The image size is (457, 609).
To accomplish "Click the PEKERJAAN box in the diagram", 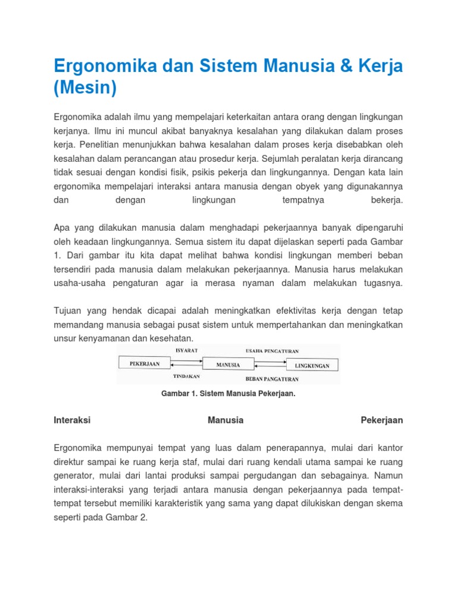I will pos(144,363).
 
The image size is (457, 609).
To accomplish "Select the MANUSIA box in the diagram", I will pos(228,365).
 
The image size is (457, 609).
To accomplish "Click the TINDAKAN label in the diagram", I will pos(186,376).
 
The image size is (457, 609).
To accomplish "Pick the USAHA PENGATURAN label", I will pos(272,351).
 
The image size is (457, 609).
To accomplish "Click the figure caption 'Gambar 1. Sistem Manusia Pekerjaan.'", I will pos(228,394).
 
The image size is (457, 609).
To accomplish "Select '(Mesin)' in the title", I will pos(85,88).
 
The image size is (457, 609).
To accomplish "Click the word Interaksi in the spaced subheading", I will pos(72,420).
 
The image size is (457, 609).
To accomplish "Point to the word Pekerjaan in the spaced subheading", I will pos(382,420).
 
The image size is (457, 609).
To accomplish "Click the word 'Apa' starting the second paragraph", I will pos(61,228).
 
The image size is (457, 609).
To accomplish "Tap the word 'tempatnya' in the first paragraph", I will pos(303,200).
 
